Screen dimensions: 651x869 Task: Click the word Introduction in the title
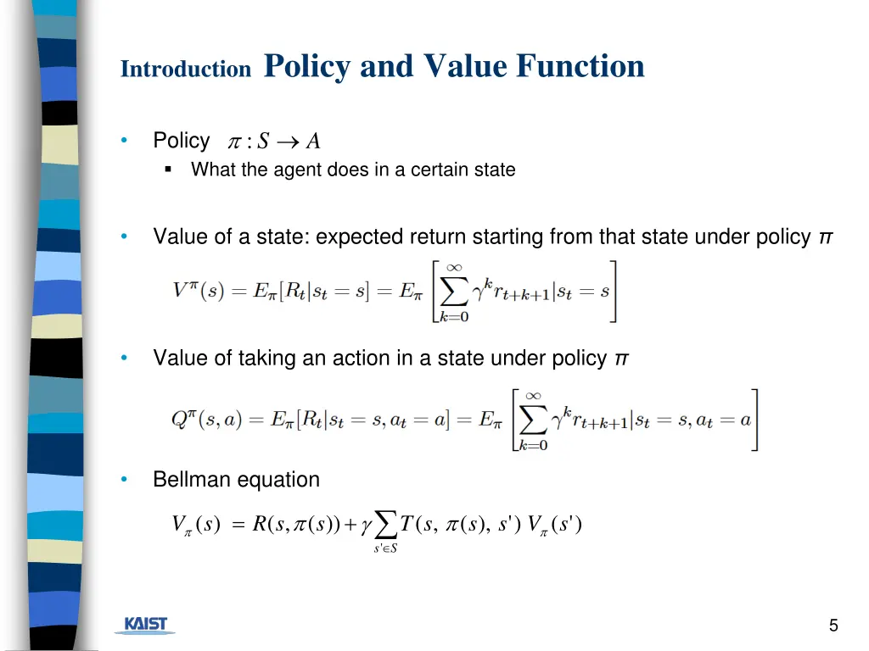coord(186,70)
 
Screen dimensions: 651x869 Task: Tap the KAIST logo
coord(146,625)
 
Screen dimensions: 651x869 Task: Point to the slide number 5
coord(833,626)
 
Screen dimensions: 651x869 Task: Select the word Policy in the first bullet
coord(181,141)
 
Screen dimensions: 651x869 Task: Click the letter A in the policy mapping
coord(312,142)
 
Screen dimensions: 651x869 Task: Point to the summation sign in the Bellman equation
coord(386,525)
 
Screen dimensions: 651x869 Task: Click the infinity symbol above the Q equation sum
coord(534,395)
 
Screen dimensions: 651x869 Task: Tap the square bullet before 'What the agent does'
coord(168,170)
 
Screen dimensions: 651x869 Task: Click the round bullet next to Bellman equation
coord(124,480)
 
